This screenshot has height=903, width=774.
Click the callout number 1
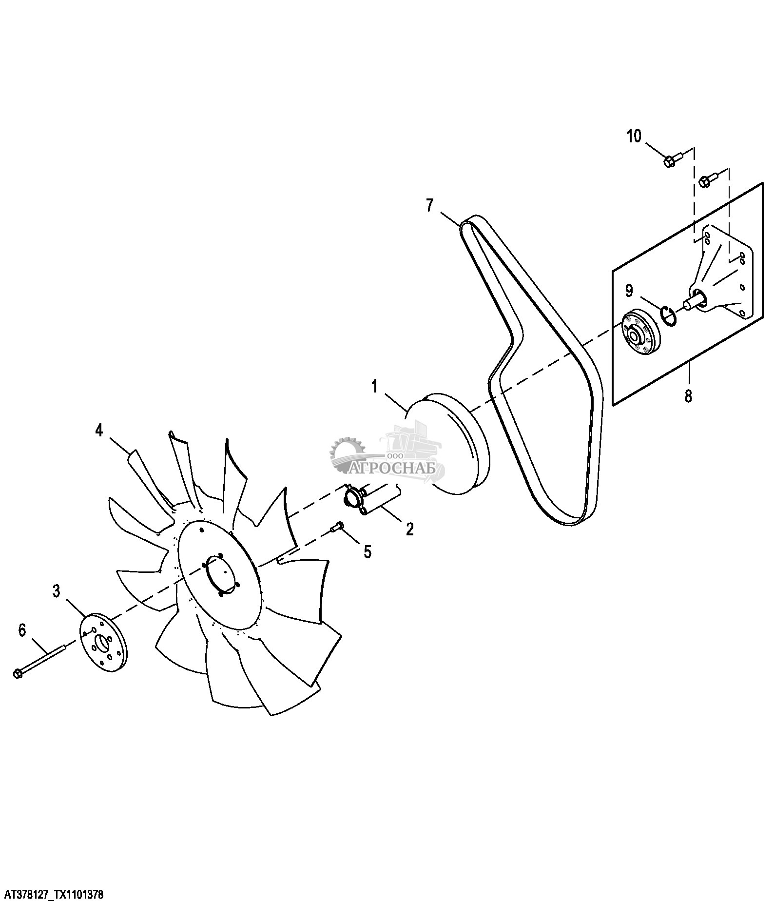[x=374, y=387]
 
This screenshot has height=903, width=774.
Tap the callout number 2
[x=409, y=529]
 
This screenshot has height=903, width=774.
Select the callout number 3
[x=57, y=591]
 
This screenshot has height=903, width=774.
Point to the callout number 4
[x=99, y=431]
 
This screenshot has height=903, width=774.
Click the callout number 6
[x=22, y=630]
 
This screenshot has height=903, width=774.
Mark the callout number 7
[x=429, y=205]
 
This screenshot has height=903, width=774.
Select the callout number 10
[x=634, y=136]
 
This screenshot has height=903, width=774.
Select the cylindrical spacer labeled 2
[x=370, y=500]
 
